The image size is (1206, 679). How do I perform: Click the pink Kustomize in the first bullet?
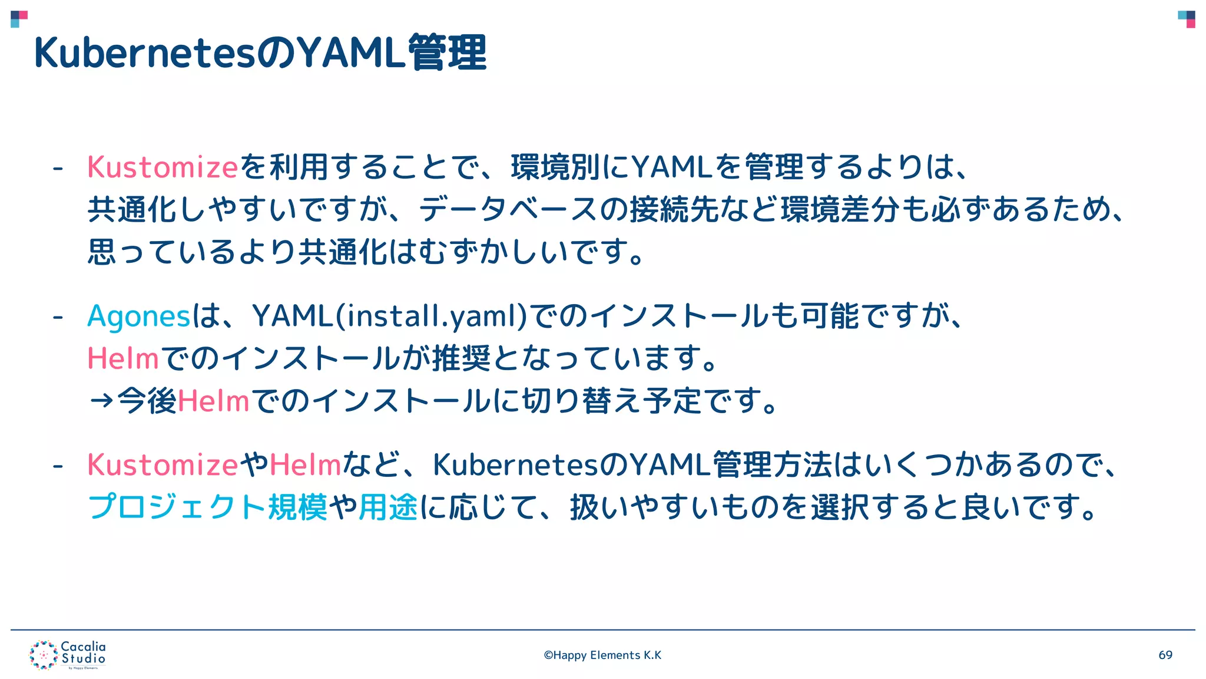tap(163, 167)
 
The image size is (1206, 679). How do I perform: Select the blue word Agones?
tap(139, 317)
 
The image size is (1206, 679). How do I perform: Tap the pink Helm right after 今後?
tap(214, 401)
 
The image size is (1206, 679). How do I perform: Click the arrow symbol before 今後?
tap(101, 401)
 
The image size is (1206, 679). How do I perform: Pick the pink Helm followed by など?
tap(306, 465)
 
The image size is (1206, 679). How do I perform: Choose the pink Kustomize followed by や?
tap(163, 465)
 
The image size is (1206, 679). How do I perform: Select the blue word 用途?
tap(388, 507)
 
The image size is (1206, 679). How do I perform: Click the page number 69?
tap(1165, 655)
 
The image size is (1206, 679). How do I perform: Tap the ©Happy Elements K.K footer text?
tap(602, 655)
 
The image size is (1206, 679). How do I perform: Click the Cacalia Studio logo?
tap(68, 655)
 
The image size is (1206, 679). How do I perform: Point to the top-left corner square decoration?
tap(19, 19)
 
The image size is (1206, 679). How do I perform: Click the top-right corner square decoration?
tap(1187, 19)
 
